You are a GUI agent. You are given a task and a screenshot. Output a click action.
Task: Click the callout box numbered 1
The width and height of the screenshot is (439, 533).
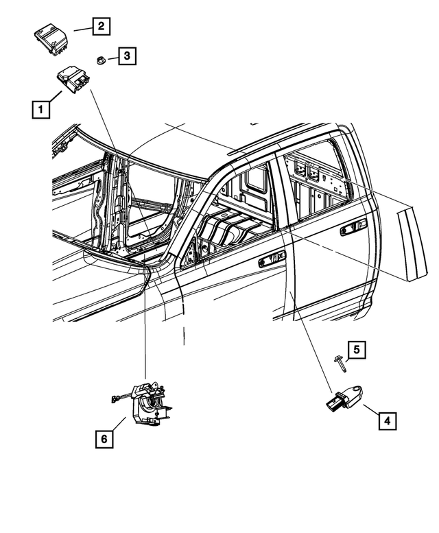click(40, 108)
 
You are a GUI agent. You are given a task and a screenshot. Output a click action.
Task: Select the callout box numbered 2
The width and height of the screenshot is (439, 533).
click(101, 27)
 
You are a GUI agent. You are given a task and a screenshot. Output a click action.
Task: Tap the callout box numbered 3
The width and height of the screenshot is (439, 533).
click(126, 56)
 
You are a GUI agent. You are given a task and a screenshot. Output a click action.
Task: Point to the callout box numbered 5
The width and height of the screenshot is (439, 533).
click(356, 350)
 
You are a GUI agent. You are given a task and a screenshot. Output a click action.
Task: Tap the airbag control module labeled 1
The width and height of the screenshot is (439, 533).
click(73, 82)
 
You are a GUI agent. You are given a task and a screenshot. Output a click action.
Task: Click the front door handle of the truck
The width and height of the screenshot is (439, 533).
click(272, 260)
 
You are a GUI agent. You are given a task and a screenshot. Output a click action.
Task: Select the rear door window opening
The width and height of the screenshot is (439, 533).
click(316, 182)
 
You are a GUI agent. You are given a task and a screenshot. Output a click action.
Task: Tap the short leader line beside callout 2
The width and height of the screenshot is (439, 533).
click(82, 29)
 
